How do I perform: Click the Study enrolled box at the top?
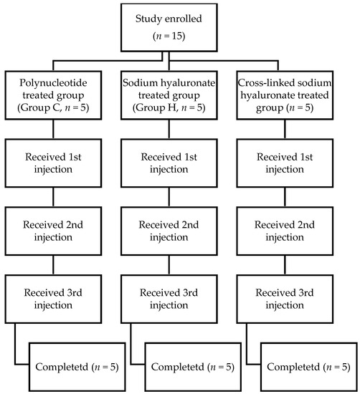(x=179, y=27)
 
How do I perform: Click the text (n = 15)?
(x=179, y=36)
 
